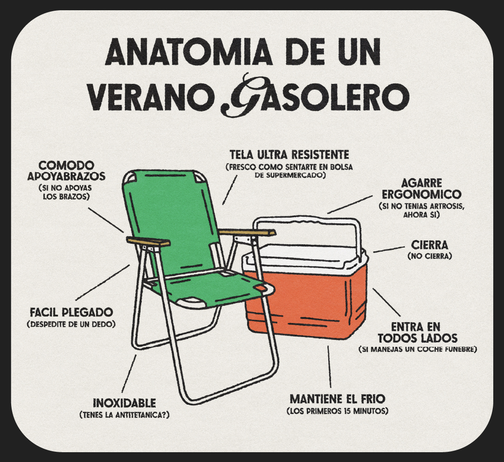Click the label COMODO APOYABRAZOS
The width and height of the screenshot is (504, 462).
click(66, 171)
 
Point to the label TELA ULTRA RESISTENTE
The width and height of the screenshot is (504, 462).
click(289, 155)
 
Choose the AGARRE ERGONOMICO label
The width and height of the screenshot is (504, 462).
click(421, 189)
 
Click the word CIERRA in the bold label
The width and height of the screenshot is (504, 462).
click(429, 245)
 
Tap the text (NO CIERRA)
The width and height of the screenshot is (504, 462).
click(430, 256)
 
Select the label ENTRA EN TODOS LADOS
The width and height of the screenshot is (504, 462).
click(417, 332)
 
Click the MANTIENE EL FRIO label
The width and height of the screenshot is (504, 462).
click(337, 399)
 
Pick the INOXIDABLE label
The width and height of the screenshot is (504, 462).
click(124, 403)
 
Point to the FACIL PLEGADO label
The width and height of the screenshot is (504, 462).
click(71, 312)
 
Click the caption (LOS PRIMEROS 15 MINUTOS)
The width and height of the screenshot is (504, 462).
click(337, 411)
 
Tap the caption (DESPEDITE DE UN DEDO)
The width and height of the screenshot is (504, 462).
click(71, 324)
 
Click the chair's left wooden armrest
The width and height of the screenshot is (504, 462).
click(148, 241)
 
